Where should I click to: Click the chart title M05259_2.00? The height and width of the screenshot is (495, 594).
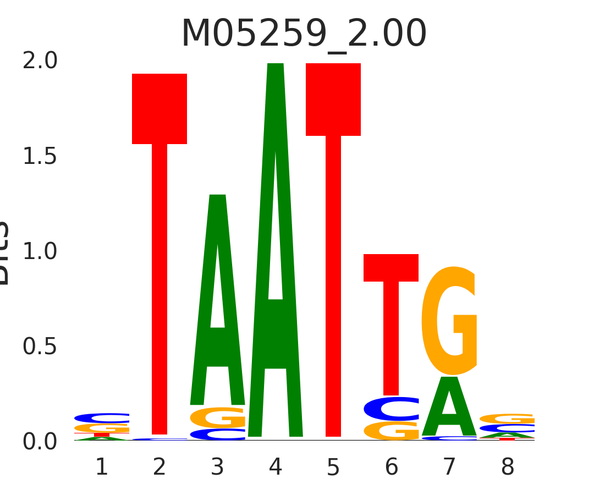pyautogui.click(x=304, y=34)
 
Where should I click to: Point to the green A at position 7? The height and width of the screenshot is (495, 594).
pyautogui.click(x=449, y=407)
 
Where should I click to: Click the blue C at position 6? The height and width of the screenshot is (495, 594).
pyautogui.click(x=391, y=409)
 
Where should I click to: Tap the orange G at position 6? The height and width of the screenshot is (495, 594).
pyautogui.click(x=391, y=431)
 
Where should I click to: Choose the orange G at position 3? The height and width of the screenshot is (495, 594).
pyautogui.click(x=218, y=417)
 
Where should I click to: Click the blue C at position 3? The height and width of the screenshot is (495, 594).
pyautogui.click(x=218, y=435)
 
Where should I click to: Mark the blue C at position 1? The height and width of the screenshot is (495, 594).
pyautogui.click(x=102, y=418)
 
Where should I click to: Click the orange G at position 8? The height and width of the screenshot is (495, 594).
pyautogui.click(x=507, y=419)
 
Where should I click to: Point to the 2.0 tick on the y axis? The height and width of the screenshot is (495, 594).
pyautogui.click(x=40, y=61)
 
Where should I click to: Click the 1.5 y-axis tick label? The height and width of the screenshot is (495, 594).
pyautogui.click(x=40, y=157)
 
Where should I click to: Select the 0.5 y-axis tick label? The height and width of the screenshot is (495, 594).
pyautogui.click(x=40, y=346)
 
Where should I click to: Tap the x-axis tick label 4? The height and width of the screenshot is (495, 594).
pyautogui.click(x=276, y=468)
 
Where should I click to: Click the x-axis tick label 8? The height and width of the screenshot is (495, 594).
pyautogui.click(x=507, y=468)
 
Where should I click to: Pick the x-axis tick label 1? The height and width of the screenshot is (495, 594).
pyautogui.click(x=102, y=468)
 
